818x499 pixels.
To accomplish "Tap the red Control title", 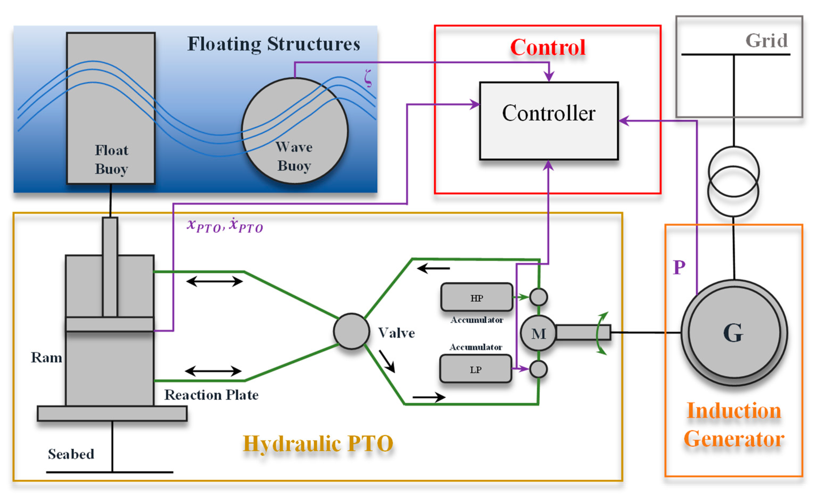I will click(x=548, y=48).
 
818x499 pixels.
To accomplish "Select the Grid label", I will click(x=766, y=41).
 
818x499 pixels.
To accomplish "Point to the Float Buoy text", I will click(x=111, y=159).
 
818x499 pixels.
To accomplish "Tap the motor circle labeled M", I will click(x=538, y=333).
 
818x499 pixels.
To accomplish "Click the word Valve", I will click(x=396, y=333).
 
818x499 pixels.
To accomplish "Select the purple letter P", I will click(x=679, y=267).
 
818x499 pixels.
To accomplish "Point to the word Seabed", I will click(x=71, y=454).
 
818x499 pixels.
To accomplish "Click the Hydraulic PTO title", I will click(x=318, y=443).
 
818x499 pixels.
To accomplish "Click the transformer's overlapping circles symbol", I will click(x=733, y=182).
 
